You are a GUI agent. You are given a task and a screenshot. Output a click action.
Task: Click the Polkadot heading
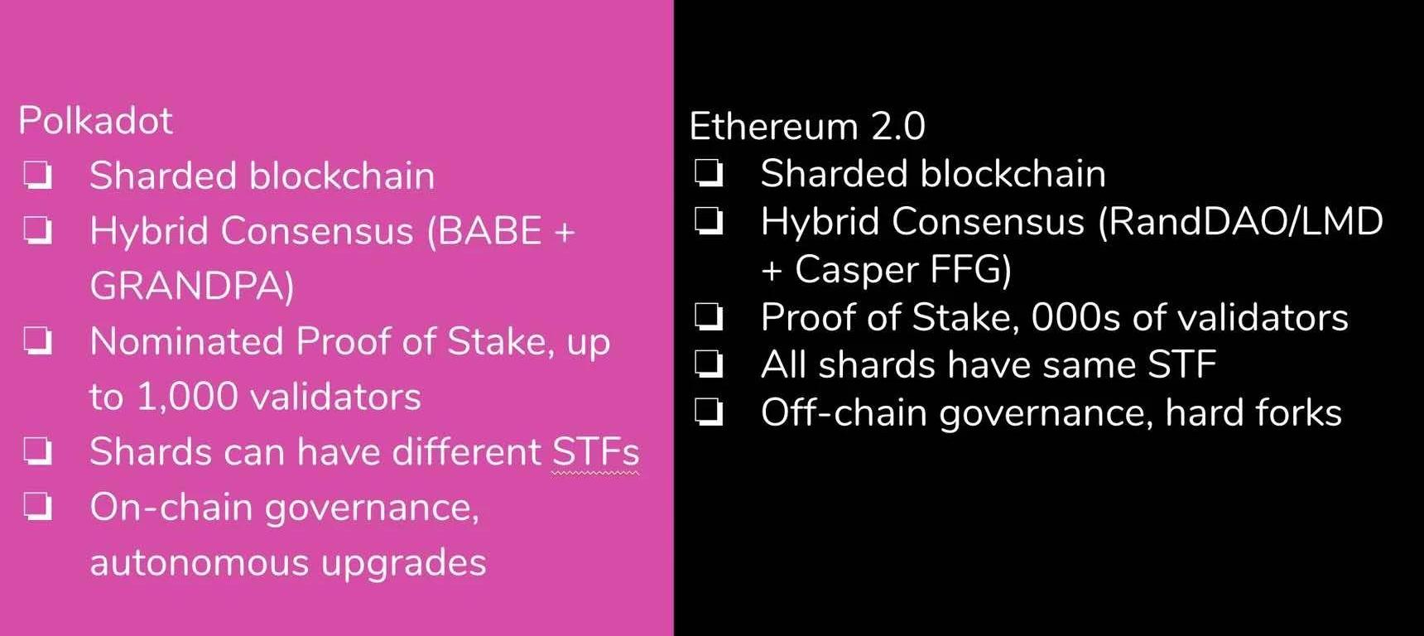click(95, 121)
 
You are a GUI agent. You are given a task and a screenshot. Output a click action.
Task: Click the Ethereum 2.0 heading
click(807, 126)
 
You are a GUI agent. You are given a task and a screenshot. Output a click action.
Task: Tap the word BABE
click(490, 231)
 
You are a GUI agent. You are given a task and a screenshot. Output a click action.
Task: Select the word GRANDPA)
click(192, 287)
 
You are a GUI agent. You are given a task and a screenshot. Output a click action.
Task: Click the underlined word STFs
click(595, 452)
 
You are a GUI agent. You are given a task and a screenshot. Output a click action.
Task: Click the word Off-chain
click(844, 412)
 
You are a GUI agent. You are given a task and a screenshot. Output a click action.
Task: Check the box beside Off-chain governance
click(709, 412)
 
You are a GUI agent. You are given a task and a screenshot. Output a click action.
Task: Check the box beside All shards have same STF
click(709, 364)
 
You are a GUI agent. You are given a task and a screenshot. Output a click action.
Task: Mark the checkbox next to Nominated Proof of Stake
click(38, 340)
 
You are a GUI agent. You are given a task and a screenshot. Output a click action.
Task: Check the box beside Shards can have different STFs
click(38, 451)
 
